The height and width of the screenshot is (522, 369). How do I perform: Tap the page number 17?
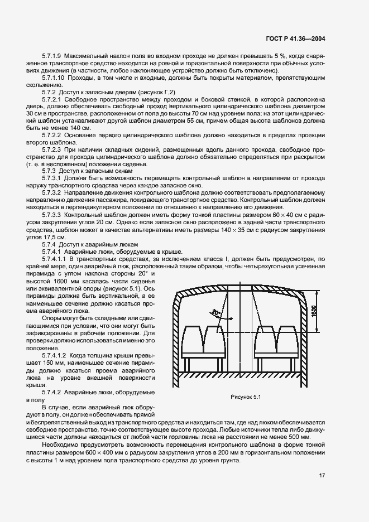[322, 475]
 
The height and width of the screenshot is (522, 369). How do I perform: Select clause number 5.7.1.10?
[54, 78]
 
